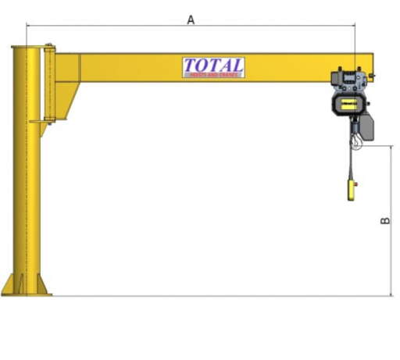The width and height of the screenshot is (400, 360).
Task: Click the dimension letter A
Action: tap(191, 19)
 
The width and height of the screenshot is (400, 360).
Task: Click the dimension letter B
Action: tap(385, 221)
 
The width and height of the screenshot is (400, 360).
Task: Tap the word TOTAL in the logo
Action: tap(213, 66)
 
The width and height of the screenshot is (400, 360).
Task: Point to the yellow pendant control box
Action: tap(353, 188)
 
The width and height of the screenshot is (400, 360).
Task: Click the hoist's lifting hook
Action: tap(357, 141)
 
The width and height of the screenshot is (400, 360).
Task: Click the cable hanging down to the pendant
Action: tap(352, 164)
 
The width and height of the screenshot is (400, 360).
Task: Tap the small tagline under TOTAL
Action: tap(213, 74)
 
